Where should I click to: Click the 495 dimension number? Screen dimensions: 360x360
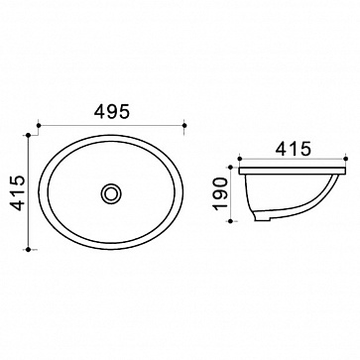[x=111, y=112]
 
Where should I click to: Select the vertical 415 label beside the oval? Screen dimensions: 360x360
[x=18, y=193]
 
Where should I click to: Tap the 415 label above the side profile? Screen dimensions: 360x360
[x=294, y=149]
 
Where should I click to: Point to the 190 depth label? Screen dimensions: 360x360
[x=220, y=193]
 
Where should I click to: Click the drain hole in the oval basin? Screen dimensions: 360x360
[x=111, y=193]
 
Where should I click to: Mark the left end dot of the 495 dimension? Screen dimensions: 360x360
[x=39, y=125]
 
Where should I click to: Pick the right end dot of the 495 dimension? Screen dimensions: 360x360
[x=184, y=125]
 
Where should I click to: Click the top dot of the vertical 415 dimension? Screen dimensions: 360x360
[x=28, y=135]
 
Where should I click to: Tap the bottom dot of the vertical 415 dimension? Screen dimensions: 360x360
[x=28, y=250]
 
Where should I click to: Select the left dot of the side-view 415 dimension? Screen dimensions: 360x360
[x=240, y=159]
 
